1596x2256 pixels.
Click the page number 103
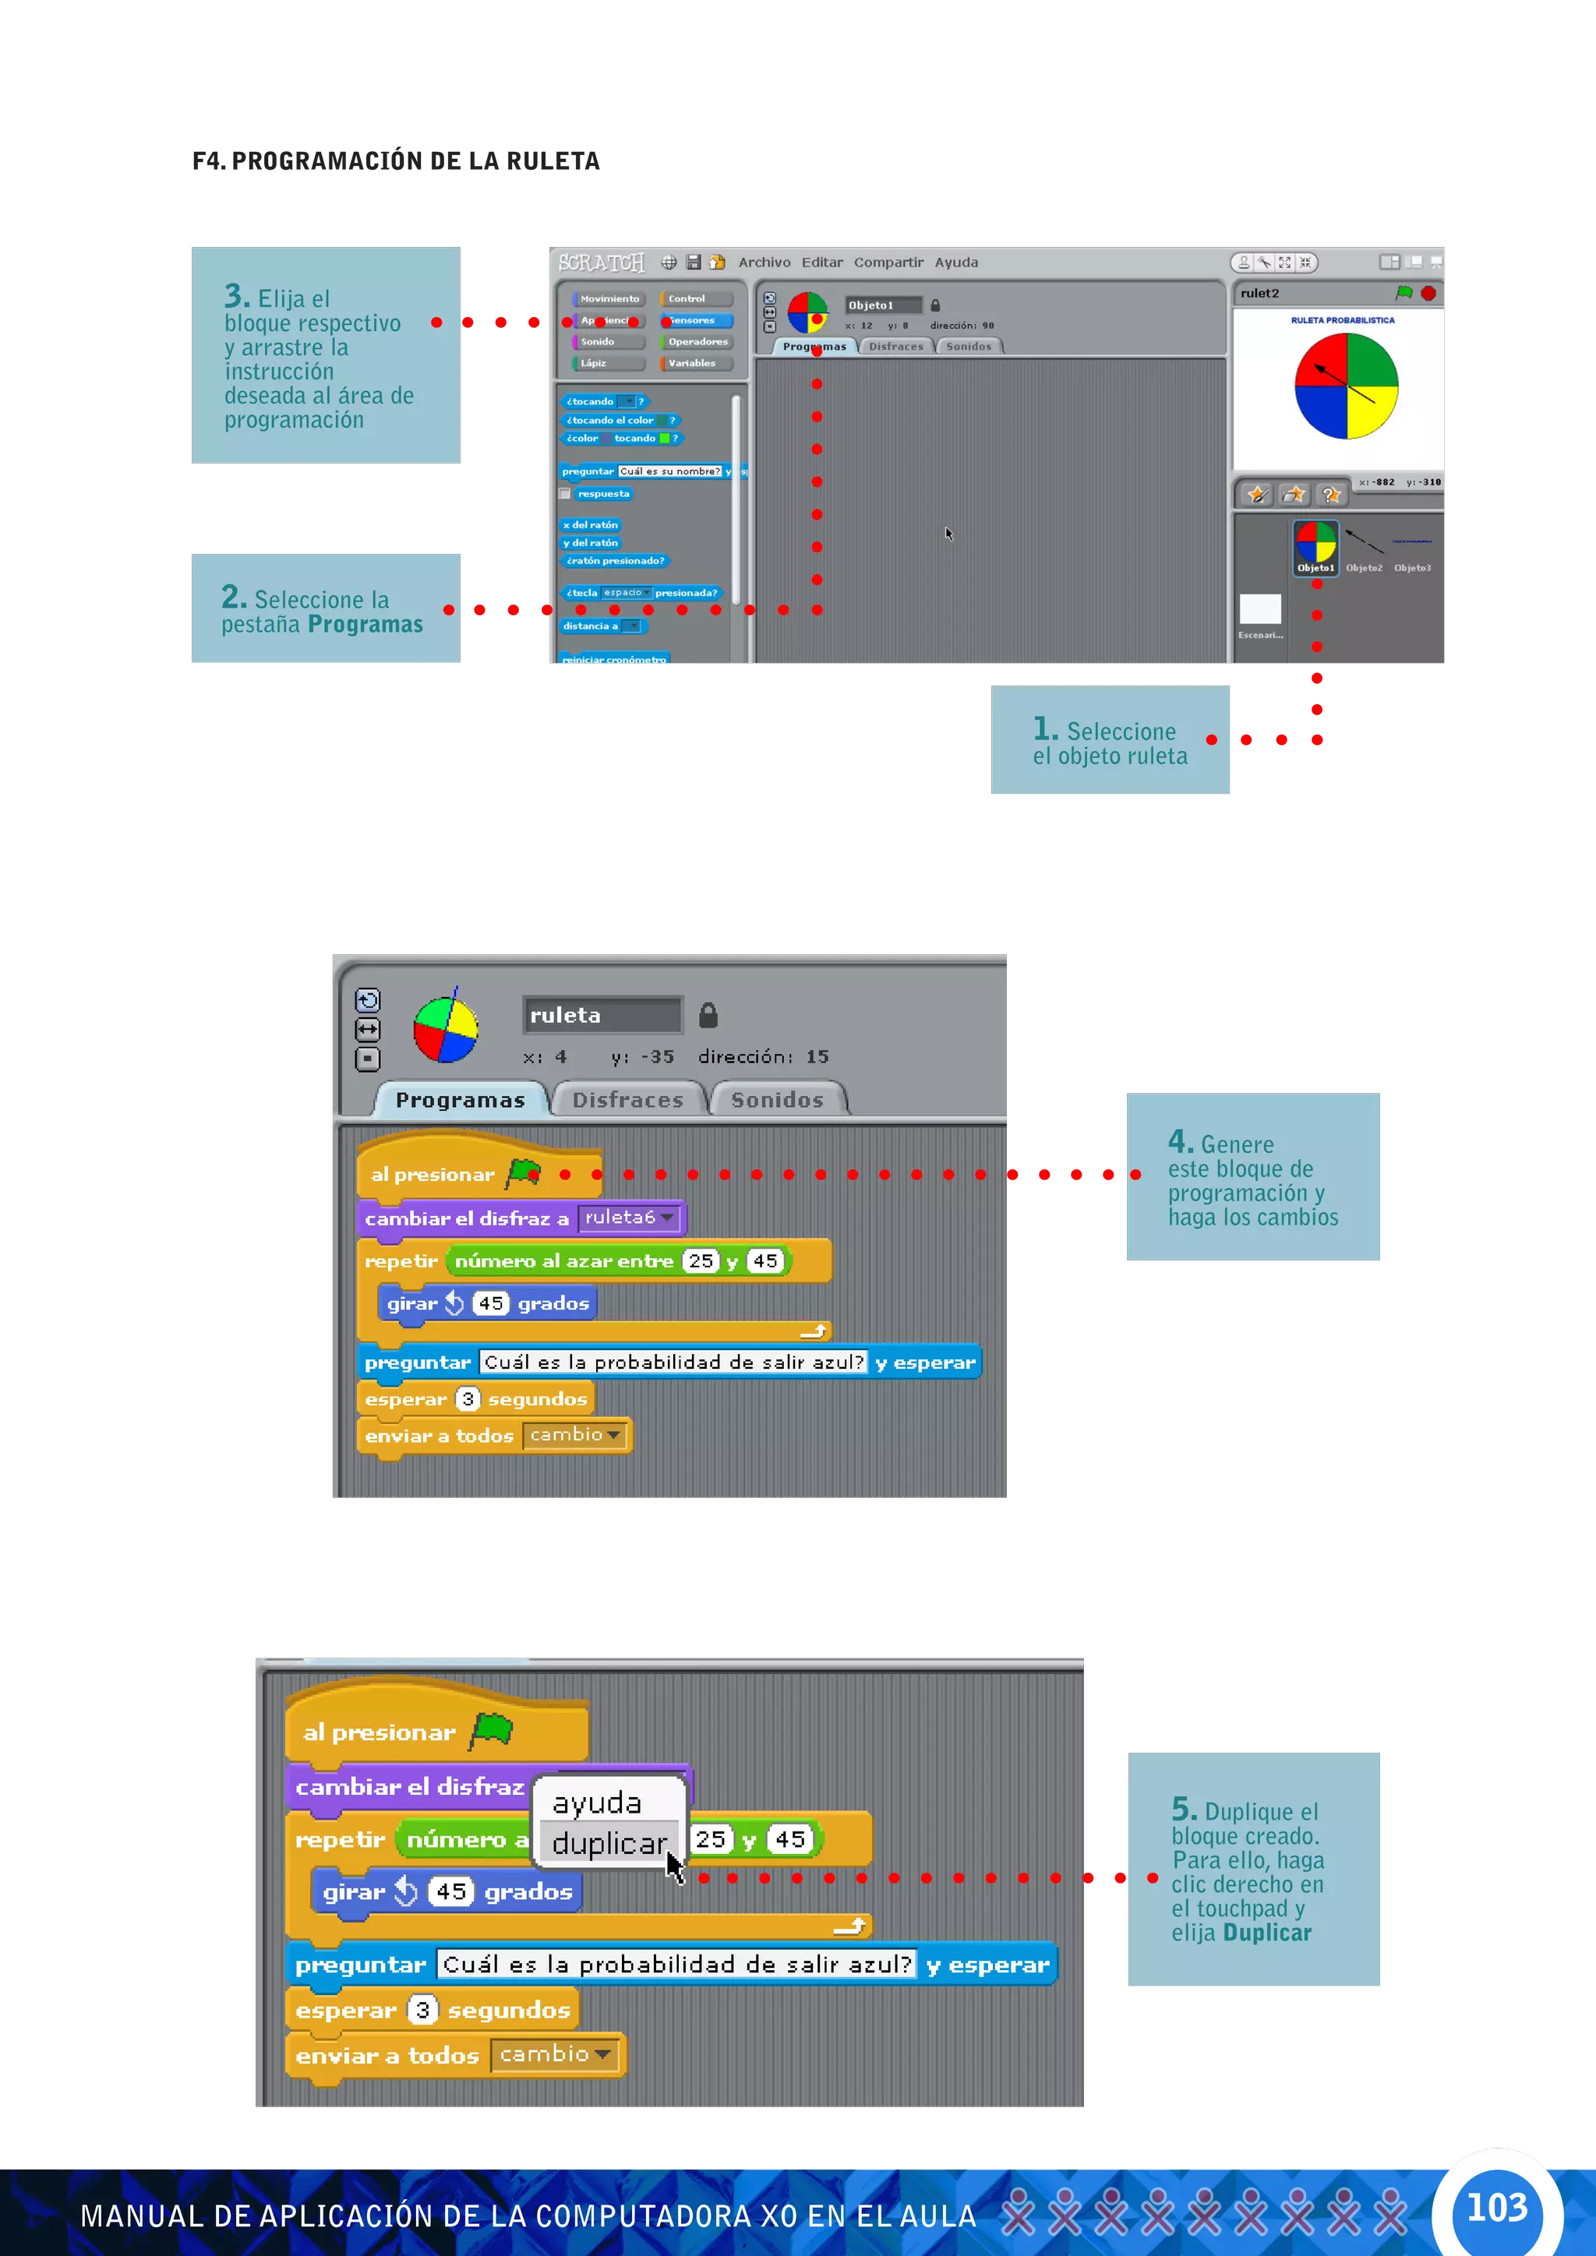[1497, 2207]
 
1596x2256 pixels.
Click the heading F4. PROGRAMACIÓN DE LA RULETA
[396, 161]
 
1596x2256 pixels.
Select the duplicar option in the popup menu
[609, 1843]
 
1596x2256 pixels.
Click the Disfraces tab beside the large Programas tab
[627, 1101]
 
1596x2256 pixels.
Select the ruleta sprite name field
[602, 1015]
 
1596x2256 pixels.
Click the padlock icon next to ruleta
[708, 1015]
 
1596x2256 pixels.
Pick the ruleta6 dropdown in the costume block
[629, 1218]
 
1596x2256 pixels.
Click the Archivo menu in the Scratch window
[764, 263]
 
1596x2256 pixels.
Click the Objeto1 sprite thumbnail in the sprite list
[1315, 546]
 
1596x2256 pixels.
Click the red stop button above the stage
[1428, 293]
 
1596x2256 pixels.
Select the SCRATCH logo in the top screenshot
[601, 263]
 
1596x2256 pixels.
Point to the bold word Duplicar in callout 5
[1267, 1933]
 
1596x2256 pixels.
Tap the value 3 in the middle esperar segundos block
[468, 1398]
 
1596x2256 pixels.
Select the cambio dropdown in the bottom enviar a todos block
[556, 2053]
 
